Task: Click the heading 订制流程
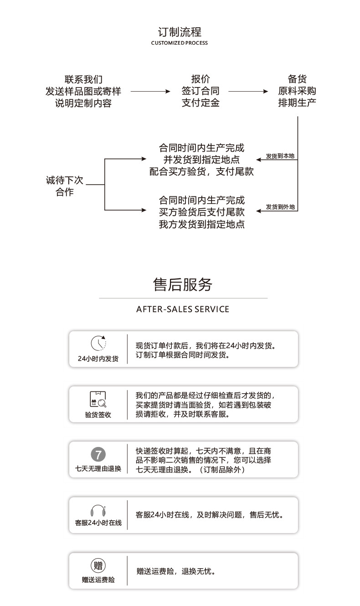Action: click(x=180, y=32)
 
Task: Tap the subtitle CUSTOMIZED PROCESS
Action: click(x=179, y=43)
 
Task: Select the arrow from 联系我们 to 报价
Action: click(x=150, y=92)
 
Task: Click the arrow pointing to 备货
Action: click(x=248, y=92)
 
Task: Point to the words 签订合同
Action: click(x=201, y=91)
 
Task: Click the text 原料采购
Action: click(x=297, y=91)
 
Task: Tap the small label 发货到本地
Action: click(x=280, y=156)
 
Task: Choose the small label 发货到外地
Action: click(x=280, y=207)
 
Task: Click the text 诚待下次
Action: click(x=65, y=180)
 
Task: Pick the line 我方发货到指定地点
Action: click(x=201, y=224)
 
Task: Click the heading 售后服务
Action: click(x=182, y=284)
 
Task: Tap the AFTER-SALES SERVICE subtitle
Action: click(x=183, y=309)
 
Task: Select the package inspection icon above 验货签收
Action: click(x=98, y=399)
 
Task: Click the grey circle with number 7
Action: click(x=98, y=454)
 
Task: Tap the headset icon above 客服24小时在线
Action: click(x=98, y=510)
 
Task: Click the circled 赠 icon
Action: click(x=98, y=566)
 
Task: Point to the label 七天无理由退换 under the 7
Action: click(x=98, y=468)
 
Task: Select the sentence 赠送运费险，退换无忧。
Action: click(x=176, y=571)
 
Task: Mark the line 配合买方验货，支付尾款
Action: click(x=201, y=172)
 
